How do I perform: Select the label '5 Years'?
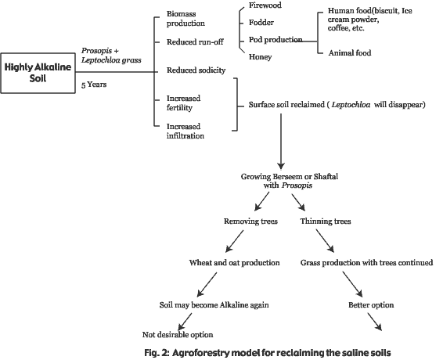94,85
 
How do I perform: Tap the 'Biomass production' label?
185,18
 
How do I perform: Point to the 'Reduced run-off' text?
195,42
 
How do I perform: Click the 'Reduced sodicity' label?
196,70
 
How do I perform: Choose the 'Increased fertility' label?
183,103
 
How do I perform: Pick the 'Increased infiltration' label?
185,131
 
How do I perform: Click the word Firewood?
265,5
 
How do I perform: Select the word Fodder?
261,23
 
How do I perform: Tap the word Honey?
260,57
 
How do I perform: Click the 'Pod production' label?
276,40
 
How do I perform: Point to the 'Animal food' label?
350,53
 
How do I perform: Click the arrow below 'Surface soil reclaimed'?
281,142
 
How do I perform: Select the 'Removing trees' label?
250,221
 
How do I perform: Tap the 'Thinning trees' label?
326,221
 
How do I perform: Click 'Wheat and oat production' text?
235,263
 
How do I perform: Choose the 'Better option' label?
371,305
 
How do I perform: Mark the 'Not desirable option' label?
178,335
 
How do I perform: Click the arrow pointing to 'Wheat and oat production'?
235,241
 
